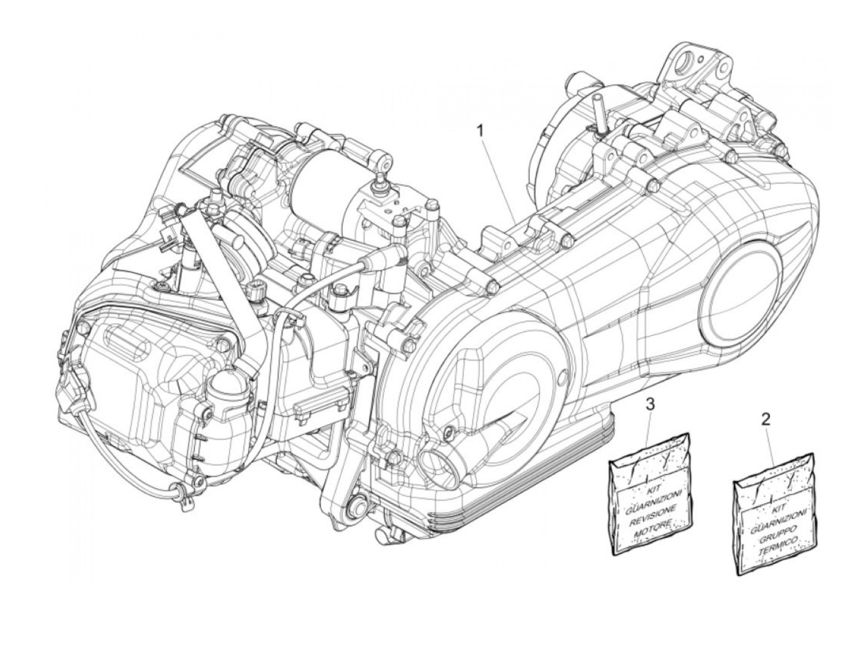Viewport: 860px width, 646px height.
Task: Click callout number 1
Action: point(482,130)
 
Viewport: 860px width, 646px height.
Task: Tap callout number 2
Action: point(765,420)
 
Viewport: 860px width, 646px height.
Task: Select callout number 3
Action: point(651,403)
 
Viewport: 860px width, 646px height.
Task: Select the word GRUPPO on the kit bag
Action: point(776,532)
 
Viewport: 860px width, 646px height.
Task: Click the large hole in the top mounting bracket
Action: point(686,62)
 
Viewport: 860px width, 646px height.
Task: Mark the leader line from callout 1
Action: point(498,178)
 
